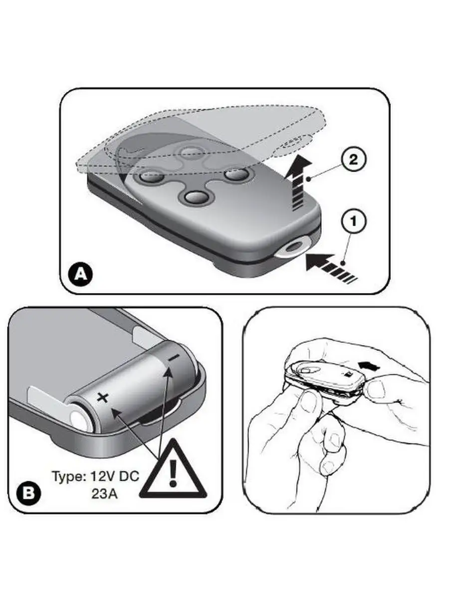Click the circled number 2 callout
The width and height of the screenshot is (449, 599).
(353, 160)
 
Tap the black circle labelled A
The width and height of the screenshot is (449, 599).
(81, 274)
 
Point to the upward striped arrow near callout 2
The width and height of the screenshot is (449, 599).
(298, 182)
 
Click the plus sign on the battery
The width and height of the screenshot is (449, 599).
(102, 398)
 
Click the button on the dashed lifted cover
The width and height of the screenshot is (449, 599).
(193, 152)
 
